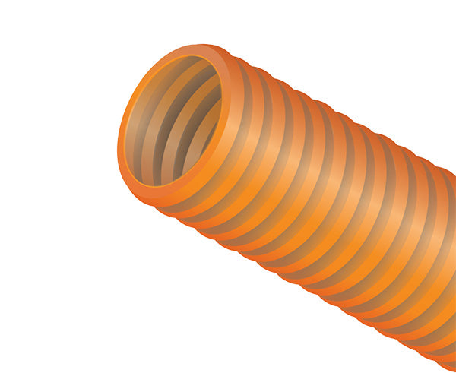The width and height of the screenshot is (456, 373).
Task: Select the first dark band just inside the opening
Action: tap(144, 129)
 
